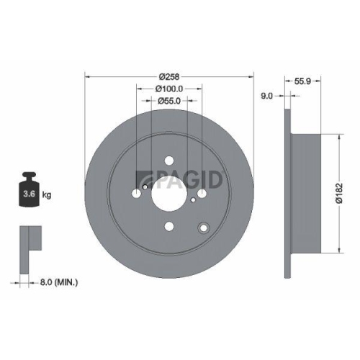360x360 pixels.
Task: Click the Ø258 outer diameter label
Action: coord(169,76)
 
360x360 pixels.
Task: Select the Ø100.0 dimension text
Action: coord(169,89)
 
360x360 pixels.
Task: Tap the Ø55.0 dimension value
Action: coord(169,101)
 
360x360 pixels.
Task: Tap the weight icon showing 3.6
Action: coord(30,191)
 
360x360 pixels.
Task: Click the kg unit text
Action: coord(47,194)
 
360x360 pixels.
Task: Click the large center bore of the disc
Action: coord(169,193)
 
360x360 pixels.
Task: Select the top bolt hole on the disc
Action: coord(169,161)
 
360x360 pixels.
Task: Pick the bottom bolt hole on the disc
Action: coord(169,226)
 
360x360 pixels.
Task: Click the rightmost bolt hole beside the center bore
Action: coord(202,193)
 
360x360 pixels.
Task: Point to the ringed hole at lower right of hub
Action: coord(203,228)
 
